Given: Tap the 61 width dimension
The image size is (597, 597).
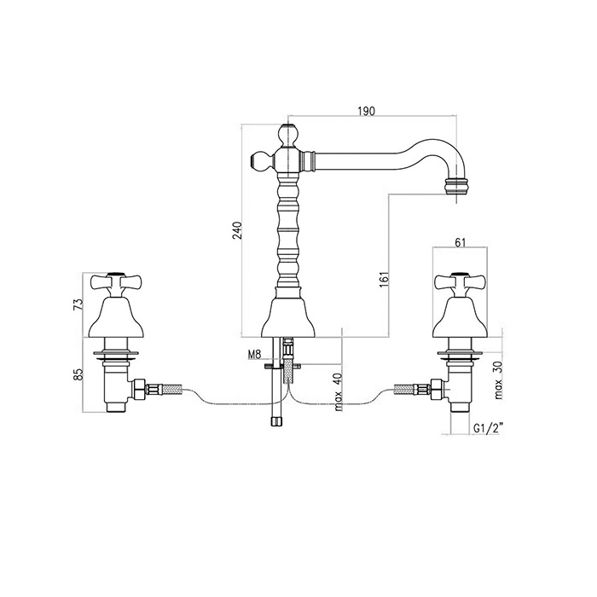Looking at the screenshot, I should (x=461, y=243).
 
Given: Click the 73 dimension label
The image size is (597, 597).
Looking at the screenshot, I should (x=78, y=303).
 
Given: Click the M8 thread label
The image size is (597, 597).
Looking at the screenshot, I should (x=252, y=355).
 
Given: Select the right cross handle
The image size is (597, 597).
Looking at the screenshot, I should (x=460, y=282).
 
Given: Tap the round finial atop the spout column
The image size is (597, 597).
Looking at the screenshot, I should (x=287, y=133).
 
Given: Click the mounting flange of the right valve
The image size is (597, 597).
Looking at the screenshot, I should (x=460, y=350).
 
